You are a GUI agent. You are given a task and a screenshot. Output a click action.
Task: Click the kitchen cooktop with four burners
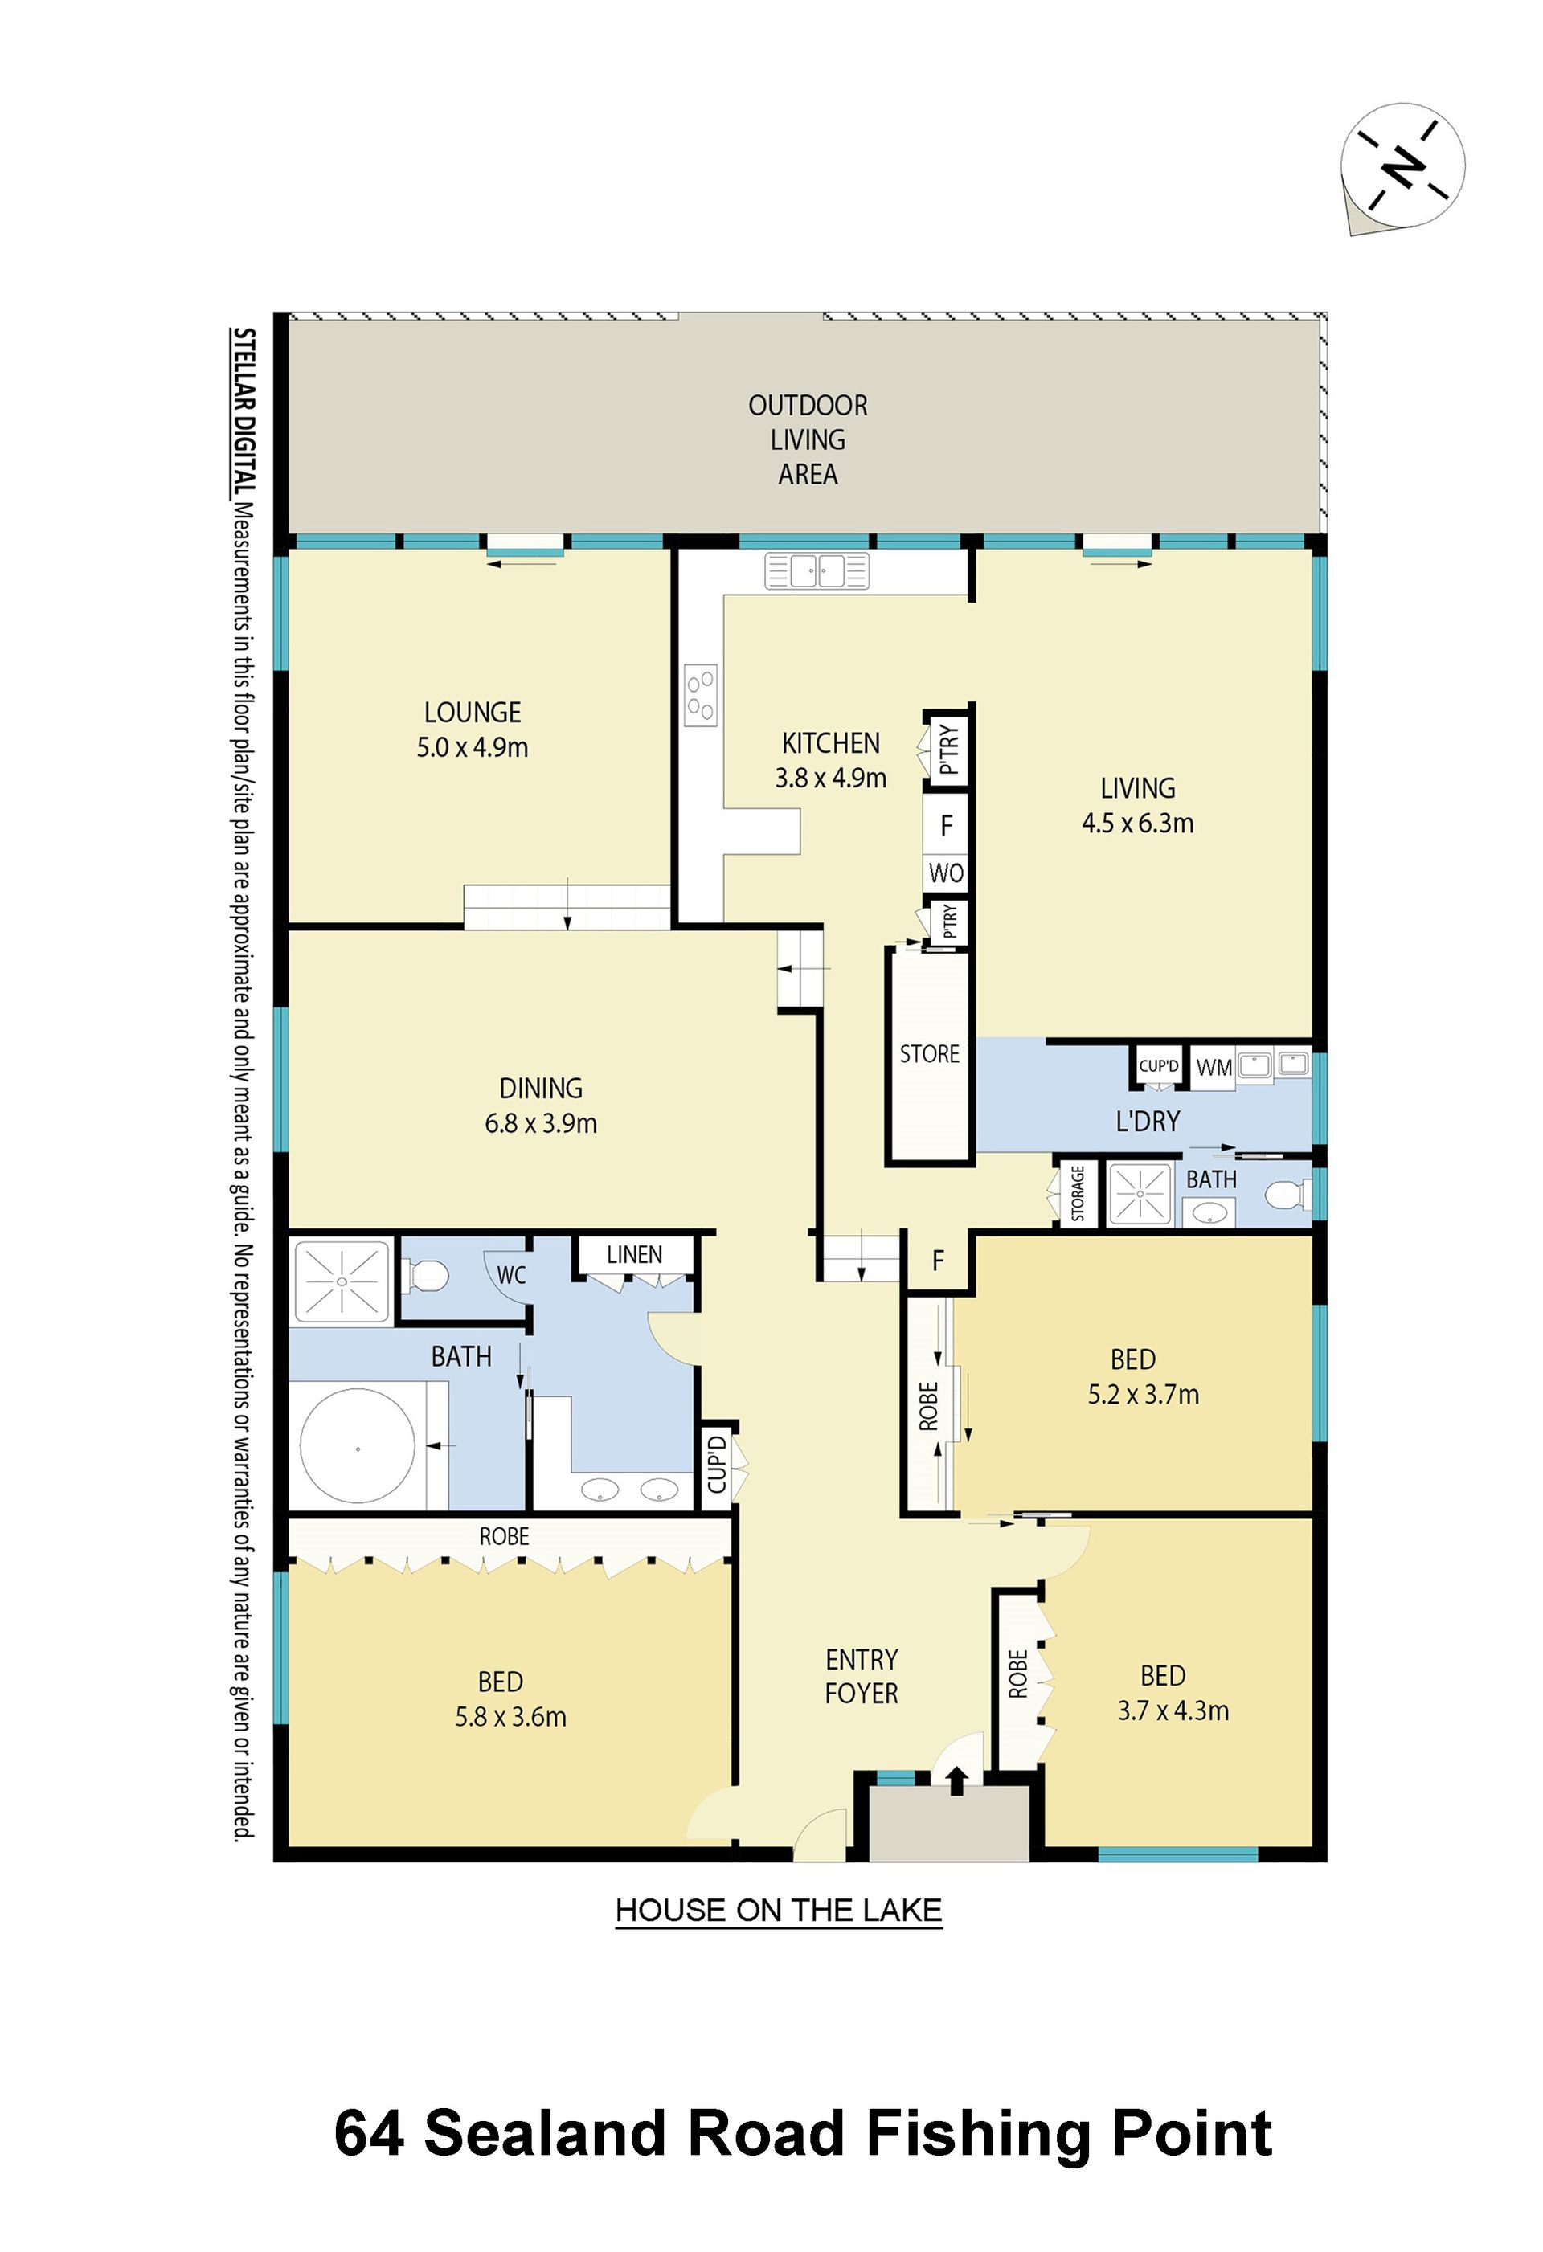coord(701,695)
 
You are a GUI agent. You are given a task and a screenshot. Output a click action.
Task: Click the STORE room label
coord(930,1053)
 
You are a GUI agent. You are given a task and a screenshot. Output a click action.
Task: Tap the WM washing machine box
coord(1214,1068)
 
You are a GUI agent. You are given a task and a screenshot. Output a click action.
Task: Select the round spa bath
coord(358,1447)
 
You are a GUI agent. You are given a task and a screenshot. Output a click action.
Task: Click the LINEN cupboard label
coord(635,1255)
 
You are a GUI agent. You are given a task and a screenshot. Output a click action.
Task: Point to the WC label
coord(511,1275)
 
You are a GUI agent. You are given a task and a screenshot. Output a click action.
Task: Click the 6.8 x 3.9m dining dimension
coord(541,1123)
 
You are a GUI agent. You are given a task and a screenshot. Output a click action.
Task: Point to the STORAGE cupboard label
coord(1077,1194)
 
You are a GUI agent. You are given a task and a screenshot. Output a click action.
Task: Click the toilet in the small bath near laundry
coord(1283,1195)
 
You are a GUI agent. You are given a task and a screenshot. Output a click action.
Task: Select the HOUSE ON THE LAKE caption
coord(780,1910)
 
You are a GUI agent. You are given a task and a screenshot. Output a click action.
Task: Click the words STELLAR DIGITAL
coord(244,413)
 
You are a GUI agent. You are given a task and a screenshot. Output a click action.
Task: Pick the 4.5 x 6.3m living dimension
coord(1138,823)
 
